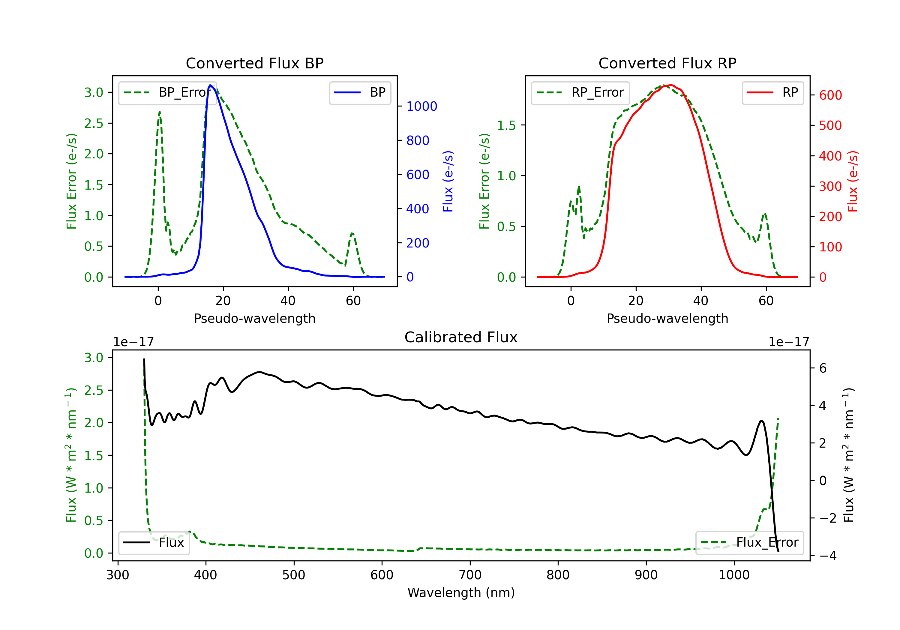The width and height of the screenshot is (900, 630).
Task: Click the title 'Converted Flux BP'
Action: [254, 63]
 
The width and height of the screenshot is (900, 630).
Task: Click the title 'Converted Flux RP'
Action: [667, 63]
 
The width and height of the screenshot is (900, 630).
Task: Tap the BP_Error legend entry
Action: [167, 92]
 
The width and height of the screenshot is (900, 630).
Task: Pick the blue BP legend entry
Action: [360, 92]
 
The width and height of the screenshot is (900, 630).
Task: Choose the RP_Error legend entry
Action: [580, 92]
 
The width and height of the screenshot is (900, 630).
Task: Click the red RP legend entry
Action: [772, 92]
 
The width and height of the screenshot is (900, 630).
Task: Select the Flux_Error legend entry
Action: [749, 543]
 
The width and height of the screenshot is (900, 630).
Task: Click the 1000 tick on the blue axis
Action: [421, 106]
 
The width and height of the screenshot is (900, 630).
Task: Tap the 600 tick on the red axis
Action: [830, 95]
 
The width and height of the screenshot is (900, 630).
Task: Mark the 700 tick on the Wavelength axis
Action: [470, 575]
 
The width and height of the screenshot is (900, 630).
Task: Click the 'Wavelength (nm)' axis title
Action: [461, 592]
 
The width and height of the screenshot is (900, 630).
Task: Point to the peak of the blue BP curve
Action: [211, 85]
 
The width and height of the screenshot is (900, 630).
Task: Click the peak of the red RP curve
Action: [671, 85]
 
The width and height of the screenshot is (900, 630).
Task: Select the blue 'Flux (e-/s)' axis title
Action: [448, 181]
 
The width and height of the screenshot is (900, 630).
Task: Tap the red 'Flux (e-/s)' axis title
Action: [853, 181]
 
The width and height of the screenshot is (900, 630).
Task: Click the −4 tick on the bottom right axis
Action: [827, 556]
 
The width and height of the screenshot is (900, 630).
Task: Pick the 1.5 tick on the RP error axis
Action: [506, 125]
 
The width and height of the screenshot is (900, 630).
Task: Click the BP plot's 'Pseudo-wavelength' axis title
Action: [254, 318]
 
